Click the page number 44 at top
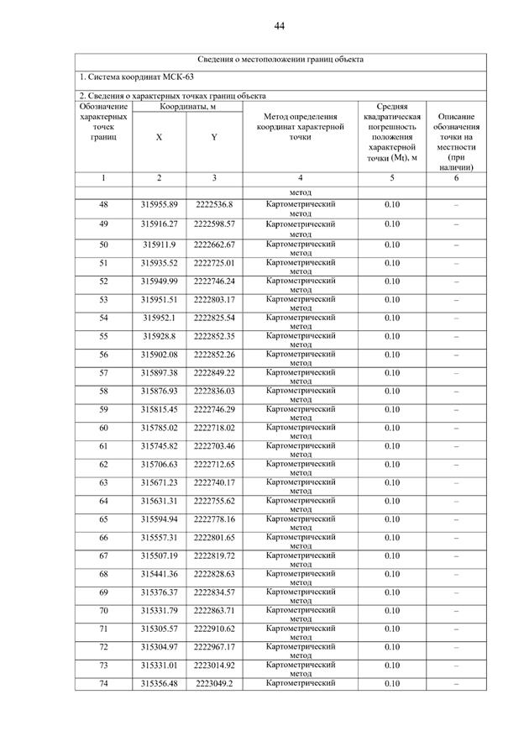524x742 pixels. [x=279, y=26]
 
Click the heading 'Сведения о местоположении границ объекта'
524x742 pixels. [x=280, y=60]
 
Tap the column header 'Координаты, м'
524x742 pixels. [x=186, y=107]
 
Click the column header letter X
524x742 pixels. [x=159, y=137]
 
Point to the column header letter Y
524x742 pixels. [x=214, y=137]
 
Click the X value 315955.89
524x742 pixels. [x=159, y=205]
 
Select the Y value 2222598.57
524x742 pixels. [x=214, y=224]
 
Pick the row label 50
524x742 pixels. [x=103, y=245]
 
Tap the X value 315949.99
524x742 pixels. [x=159, y=281]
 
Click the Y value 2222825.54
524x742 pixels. [x=214, y=318]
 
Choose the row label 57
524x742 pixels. [x=103, y=372]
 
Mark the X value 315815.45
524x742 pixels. [x=159, y=409]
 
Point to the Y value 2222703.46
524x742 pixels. [x=214, y=446]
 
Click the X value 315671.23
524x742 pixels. [x=159, y=482]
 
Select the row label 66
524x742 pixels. [x=103, y=538]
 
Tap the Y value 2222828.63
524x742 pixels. [x=214, y=574]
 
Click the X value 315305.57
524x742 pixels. [x=159, y=629]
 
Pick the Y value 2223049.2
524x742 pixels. [x=214, y=684]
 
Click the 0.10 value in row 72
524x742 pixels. [x=392, y=647]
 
